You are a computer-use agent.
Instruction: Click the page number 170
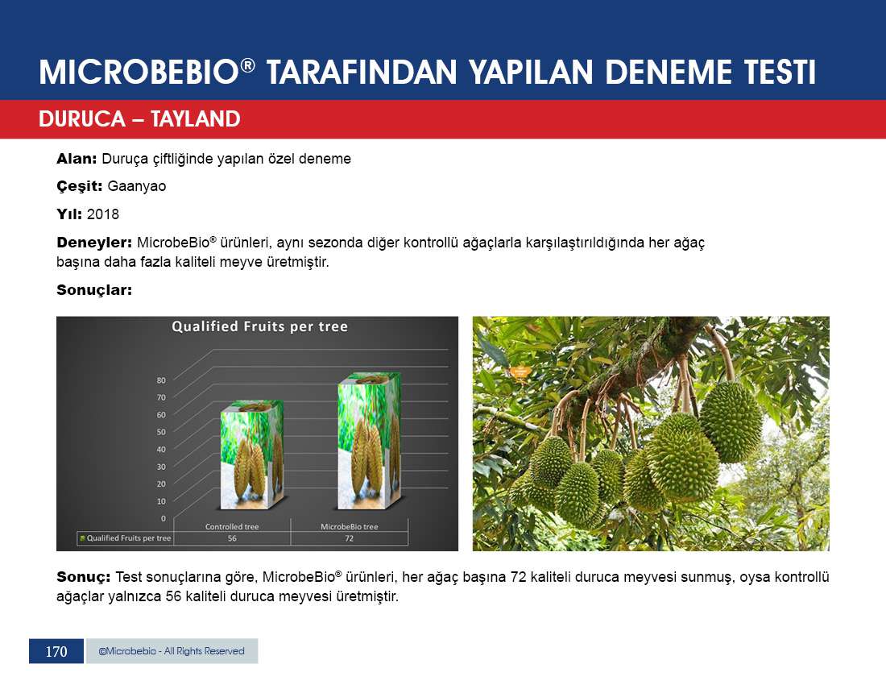point(56,652)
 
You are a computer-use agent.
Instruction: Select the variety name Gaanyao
point(137,186)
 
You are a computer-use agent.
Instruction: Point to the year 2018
point(103,214)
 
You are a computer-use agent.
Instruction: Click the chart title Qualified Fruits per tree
point(259,326)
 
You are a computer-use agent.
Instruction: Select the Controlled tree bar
point(252,455)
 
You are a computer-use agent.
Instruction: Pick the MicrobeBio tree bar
point(370,440)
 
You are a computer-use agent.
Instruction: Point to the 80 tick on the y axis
point(162,380)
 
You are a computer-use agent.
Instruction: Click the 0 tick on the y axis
point(164,518)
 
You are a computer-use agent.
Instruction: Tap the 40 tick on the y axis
point(162,450)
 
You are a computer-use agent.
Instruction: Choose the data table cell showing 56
point(232,538)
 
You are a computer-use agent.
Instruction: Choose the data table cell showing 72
point(350,538)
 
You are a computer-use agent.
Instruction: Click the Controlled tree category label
point(232,527)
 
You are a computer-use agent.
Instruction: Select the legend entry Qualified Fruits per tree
point(126,538)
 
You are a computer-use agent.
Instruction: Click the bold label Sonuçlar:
point(94,290)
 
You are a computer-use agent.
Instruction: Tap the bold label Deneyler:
point(94,243)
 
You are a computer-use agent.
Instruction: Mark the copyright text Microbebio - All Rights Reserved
point(172,651)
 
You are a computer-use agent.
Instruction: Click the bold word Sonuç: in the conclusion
point(84,578)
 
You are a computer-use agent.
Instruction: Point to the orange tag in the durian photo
point(520,372)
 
